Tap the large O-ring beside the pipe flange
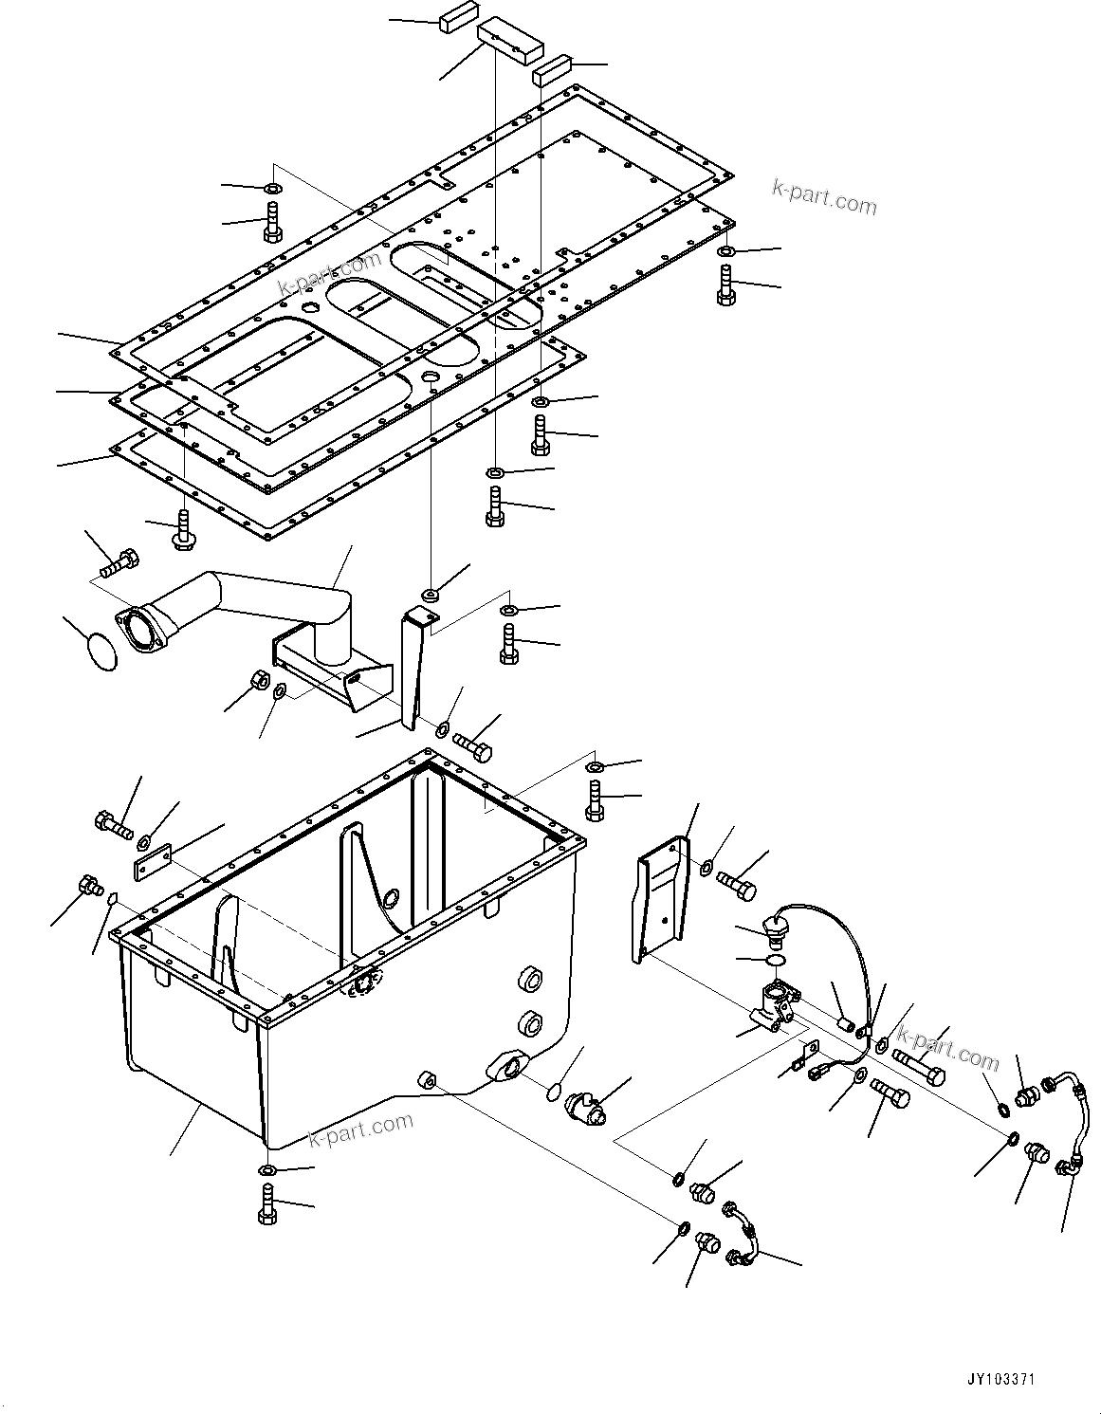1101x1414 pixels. point(101,653)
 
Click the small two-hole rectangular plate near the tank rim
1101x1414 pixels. point(152,863)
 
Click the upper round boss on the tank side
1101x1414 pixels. point(530,982)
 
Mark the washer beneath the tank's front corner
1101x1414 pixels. point(266,1170)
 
